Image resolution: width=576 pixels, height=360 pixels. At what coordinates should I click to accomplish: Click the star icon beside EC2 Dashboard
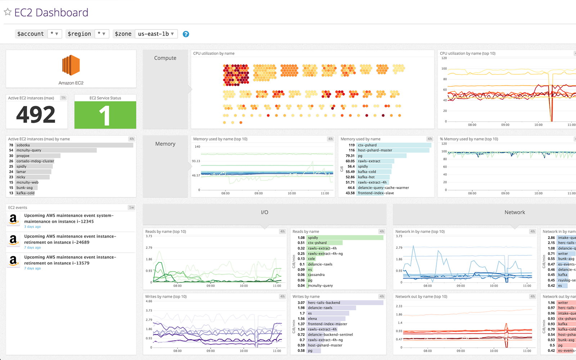coord(8,12)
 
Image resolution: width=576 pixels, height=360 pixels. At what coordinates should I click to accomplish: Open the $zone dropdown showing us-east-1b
coord(156,34)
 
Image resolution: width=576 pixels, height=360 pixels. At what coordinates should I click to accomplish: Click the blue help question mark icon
coord(186,34)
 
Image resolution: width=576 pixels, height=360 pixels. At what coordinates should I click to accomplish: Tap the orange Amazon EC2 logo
coord(71,66)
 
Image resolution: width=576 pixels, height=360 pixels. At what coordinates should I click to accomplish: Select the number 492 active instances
coord(36,115)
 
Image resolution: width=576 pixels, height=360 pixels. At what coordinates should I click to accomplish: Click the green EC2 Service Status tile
coord(105,115)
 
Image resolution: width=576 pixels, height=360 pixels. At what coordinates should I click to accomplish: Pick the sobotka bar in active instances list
coord(74,145)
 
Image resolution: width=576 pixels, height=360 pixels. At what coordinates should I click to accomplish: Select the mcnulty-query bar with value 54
coord(56,150)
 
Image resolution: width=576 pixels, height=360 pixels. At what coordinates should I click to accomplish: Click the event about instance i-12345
coord(69,219)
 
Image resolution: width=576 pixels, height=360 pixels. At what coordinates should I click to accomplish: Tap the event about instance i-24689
coord(70,239)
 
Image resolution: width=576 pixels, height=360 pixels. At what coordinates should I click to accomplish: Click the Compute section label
coord(165,58)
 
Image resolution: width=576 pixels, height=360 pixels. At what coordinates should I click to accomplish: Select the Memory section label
coord(165,144)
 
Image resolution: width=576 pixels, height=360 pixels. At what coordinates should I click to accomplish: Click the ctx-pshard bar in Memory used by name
coord(394,145)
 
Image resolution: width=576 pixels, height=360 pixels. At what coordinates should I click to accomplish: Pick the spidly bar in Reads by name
coord(345,238)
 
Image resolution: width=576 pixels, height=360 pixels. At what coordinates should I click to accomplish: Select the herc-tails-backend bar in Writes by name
coord(345,303)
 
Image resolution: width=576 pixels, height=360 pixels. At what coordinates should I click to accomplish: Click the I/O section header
coord(265,212)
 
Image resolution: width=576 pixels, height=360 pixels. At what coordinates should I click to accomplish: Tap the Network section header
coord(514,212)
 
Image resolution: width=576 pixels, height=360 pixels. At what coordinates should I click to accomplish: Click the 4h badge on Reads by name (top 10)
coord(282,231)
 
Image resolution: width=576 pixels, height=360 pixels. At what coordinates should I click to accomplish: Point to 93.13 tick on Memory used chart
coord(196,161)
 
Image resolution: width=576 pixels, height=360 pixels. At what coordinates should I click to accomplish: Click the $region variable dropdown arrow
coord(104,34)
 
